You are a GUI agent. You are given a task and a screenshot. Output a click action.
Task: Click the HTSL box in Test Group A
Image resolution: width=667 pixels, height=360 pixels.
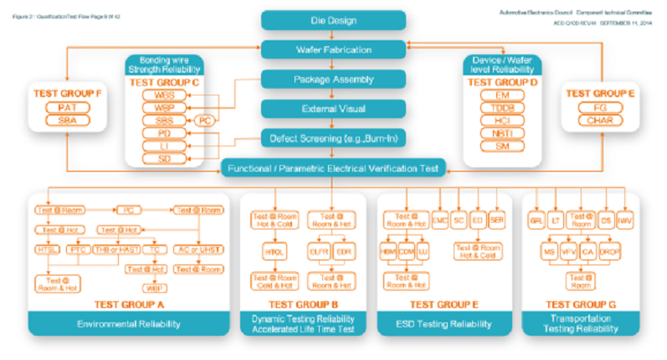pos(48,249)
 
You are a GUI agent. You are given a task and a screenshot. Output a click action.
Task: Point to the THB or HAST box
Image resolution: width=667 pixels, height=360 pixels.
pos(115,249)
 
